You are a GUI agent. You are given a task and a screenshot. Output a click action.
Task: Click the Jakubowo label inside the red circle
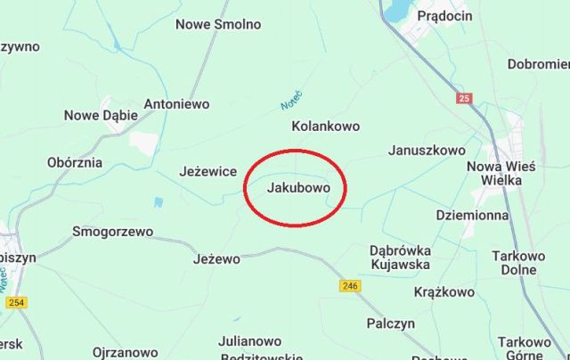point(298,189)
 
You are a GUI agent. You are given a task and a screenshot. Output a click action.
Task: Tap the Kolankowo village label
point(326,127)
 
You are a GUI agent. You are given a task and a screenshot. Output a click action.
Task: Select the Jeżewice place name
point(208,171)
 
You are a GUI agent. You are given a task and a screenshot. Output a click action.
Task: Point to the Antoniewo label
point(176,104)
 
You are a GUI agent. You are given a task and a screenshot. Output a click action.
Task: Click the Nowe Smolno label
point(218,24)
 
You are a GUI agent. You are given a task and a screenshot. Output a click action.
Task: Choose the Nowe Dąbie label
point(101,115)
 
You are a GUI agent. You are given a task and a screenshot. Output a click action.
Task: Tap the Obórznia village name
point(74,163)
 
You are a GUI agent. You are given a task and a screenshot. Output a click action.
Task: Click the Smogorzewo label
point(112,233)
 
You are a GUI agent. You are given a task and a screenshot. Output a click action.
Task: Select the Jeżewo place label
point(216,259)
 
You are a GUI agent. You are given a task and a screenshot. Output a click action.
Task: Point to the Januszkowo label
point(427,151)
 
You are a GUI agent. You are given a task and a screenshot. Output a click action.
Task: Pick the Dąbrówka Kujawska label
point(400,257)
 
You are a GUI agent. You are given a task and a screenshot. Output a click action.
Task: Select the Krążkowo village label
point(444,291)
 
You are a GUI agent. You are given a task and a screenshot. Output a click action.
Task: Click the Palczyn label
point(391,323)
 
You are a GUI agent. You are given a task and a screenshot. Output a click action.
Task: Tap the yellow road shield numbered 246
point(350,286)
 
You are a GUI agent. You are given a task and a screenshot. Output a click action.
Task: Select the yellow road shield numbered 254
point(16,302)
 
